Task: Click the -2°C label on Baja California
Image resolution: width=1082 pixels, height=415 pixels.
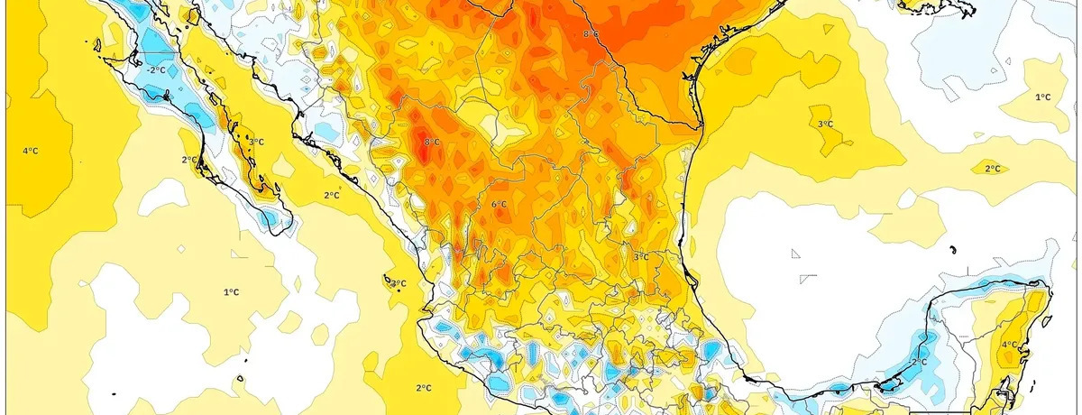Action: coord(157,69)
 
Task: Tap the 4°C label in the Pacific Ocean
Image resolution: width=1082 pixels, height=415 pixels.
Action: coord(30,151)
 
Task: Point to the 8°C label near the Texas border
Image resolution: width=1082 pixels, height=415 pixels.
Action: coord(591,34)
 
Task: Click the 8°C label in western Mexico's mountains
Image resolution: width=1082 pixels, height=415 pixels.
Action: coord(432,143)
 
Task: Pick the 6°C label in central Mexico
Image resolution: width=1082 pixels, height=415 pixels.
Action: coord(499,205)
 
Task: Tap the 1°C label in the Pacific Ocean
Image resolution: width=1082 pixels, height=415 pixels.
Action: coord(231,291)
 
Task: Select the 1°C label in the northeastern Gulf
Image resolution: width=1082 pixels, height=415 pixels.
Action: coord(1043,97)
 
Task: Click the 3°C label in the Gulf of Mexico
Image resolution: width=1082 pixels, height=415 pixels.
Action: coord(825,124)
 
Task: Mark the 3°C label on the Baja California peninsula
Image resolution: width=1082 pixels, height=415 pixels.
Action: coord(256,142)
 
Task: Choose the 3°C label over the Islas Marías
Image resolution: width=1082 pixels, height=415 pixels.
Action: coord(398,284)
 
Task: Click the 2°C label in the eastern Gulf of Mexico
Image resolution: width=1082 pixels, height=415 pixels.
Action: coord(993,169)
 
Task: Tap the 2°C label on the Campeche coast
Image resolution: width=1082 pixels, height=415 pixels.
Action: coord(919,362)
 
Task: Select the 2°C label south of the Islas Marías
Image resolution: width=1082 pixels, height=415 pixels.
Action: coord(423,388)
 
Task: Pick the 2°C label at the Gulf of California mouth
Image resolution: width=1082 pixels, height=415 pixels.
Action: coord(331,195)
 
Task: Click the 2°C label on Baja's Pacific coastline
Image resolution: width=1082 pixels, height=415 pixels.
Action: coord(189,160)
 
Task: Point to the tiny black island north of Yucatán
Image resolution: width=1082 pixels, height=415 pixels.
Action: coord(953,249)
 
